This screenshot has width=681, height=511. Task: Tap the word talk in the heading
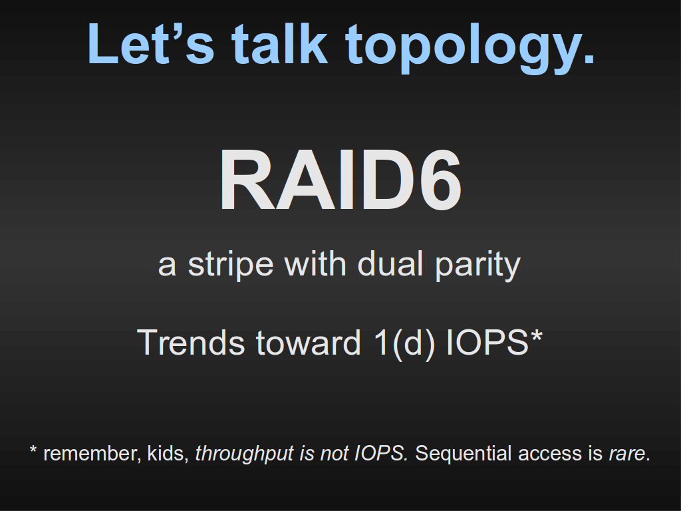click(280, 43)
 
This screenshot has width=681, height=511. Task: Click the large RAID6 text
click(340, 180)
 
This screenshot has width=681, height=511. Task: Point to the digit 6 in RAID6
click(439, 180)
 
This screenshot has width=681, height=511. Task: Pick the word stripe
click(231, 265)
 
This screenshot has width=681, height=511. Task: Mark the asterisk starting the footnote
click(33, 449)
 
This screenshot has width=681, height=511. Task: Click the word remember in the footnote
click(92, 453)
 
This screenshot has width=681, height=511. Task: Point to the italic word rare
click(626, 455)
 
